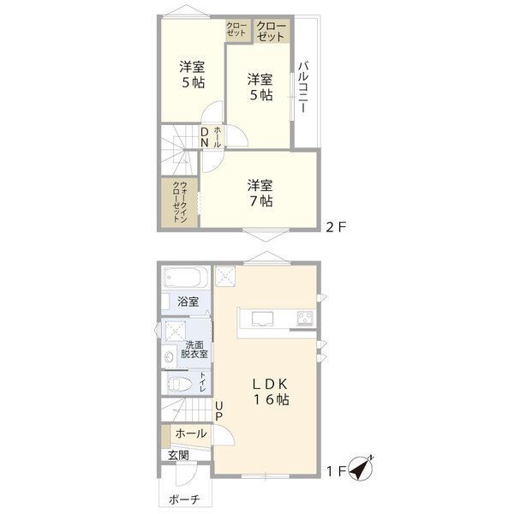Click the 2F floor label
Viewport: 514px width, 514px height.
335,228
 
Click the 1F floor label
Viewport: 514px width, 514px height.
336,470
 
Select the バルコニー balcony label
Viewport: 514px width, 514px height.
303,90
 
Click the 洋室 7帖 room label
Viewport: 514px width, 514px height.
260,193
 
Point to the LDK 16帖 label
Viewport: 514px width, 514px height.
269,392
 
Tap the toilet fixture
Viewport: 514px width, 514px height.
179,383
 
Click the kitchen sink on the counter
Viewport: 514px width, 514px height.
261,320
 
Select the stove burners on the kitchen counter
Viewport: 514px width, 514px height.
305,320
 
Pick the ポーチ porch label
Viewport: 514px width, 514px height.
183,499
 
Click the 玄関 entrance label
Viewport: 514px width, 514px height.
178,455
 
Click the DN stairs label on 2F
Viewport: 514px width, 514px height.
205,138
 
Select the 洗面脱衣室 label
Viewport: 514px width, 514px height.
194,350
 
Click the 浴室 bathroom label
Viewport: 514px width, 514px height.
188,302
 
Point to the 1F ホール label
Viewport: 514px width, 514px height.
190,433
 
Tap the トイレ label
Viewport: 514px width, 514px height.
203,383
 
